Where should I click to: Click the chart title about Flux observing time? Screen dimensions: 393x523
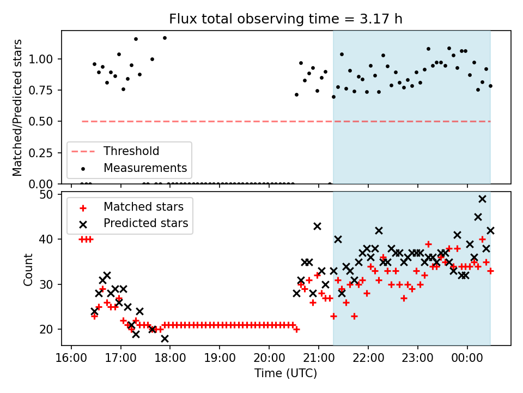pyautogui.click(x=286, y=19)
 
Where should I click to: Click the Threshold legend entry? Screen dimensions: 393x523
pyautogui.click(x=131, y=151)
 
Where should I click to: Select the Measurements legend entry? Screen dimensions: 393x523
pyautogui.click(x=145, y=168)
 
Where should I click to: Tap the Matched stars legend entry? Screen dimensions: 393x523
pyautogui.click(x=143, y=207)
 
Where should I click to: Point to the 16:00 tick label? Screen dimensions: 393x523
pyautogui.click(x=71, y=359)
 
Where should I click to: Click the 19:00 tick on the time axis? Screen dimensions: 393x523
pyautogui.click(x=220, y=359)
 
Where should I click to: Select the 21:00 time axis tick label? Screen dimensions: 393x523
pyautogui.click(x=319, y=359)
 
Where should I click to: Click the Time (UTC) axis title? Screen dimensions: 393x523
pyautogui.click(x=286, y=374)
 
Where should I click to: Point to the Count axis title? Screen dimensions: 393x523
pyautogui.click(x=28, y=269)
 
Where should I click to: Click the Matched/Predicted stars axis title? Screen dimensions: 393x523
pyautogui.click(x=17, y=108)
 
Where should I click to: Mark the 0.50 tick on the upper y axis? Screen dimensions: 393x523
pyautogui.click(x=45, y=121)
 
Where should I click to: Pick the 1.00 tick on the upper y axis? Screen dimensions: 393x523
pyautogui.click(x=45, y=59)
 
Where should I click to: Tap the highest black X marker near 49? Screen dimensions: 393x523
pyautogui.click(x=482, y=199)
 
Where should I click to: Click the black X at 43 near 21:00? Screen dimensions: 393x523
pyautogui.click(x=317, y=226)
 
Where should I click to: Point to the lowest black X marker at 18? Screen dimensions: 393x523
pyautogui.click(x=165, y=338)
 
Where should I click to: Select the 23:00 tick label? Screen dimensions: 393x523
pyautogui.click(x=418, y=359)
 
